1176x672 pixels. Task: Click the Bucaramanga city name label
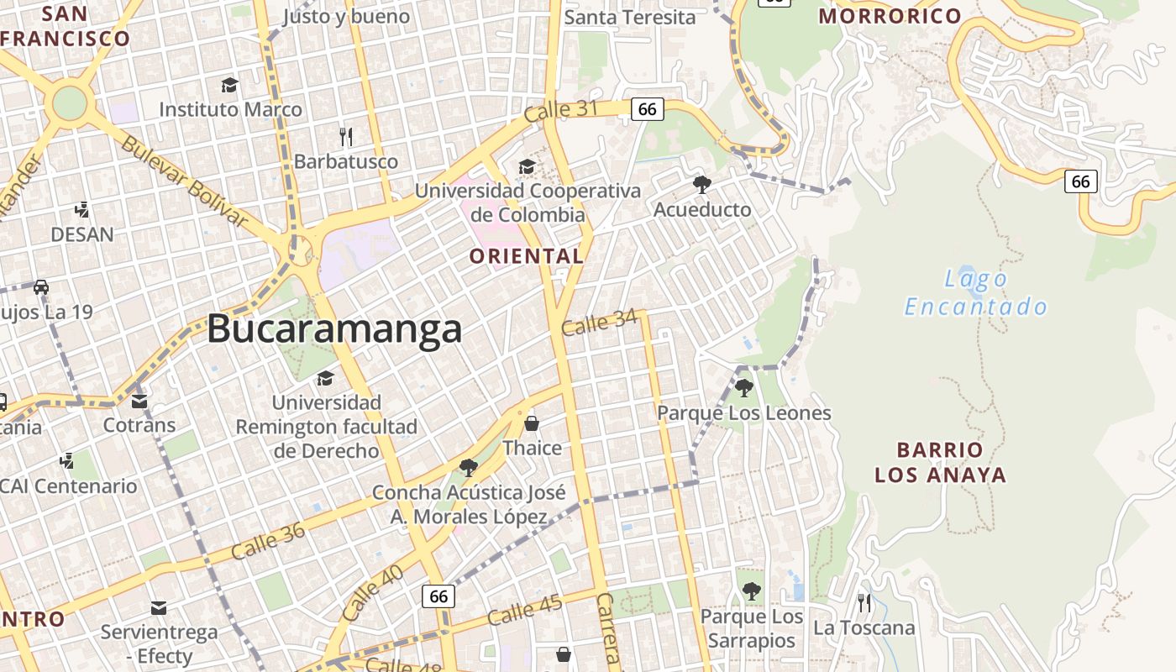pyautogui.click(x=334, y=328)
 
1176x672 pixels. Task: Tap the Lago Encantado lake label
pyautogui.click(x=976, y=292)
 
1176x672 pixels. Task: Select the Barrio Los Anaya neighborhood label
pyautogui.click(x=940, y=462)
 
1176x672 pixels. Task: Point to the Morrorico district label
pyautogui.click(x=890, y=16)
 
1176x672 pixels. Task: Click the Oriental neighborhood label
pyautogui.click(x=526, y=256)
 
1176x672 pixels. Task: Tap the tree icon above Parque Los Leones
pyautogui.click(x=743, y=388)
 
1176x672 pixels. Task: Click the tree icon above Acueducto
pyautogui.click(x=702, y=184)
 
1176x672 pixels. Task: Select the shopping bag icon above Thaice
pyautogui.click(x=531, y=423)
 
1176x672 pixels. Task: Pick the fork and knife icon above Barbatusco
pyautogui.click(x=345, y=136)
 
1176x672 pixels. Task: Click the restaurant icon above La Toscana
pyautogui.click(x=864, y=602)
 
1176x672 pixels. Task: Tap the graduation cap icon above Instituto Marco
pyautogui.click(x=229, y=85)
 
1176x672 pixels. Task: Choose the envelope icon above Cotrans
pyautogui.click(x=139, y=401)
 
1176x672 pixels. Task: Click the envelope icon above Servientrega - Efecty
pyautogui.click(x=159, y=607)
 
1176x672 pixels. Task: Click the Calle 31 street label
pyautogui.click(x=560, y=111)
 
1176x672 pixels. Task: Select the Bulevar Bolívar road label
pyautogui.click(x=184, y=181)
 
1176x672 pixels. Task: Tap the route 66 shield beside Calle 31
pyautogui.click(x=647, y=108)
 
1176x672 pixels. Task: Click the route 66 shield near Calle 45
pyautogui.click(x=438, y=596)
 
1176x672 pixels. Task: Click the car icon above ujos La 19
pyautogui.click(x=40, y=287)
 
